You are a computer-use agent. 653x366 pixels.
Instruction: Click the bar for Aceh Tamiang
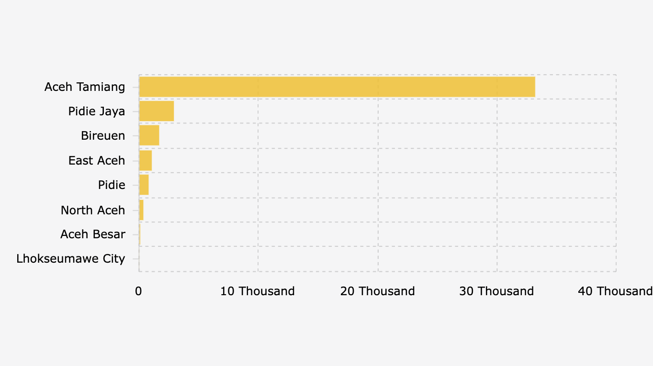[337, 87]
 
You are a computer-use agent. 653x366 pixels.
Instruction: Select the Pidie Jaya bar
[156, 111]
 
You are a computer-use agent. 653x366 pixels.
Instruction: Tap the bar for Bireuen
[149, 136]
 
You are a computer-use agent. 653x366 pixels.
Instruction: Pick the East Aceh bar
[145, 161]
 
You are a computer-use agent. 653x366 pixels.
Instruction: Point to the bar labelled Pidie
[144, 185]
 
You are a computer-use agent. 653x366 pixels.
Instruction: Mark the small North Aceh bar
[141, 210]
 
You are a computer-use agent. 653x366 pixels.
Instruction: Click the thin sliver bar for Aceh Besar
[139, 234]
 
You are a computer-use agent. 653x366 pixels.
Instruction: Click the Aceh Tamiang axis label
[85, 87]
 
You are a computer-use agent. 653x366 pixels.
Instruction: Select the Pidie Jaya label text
[97, 111]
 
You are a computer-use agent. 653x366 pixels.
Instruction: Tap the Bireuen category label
[103, 136]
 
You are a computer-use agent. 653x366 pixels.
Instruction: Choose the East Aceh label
[97, 161]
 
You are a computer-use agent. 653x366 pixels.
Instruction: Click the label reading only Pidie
[112, 185]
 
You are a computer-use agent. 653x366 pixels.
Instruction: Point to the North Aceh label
[93, 210]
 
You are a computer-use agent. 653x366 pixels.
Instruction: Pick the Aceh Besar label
[93, 234]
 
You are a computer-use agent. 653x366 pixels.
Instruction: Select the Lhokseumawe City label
[71, 259]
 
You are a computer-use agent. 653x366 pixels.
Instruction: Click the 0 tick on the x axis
[138, 291]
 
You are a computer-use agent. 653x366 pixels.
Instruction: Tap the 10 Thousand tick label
[258, 291]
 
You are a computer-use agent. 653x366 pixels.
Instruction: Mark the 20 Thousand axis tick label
[377, 291]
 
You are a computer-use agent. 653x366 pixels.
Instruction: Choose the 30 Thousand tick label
[496, 291]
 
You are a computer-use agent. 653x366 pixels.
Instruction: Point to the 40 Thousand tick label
[615, 291]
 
